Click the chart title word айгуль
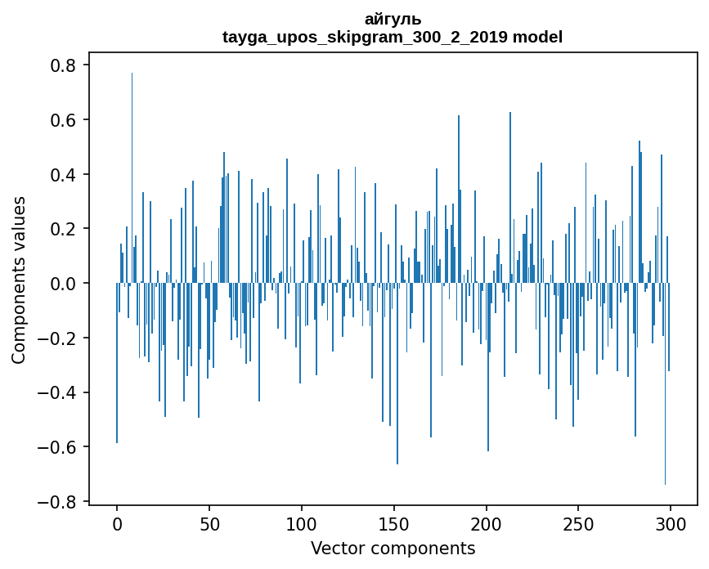tap(393, 19)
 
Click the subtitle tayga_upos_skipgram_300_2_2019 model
tap(393, 37)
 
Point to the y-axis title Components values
tap(19, 280)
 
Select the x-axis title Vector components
tap(393, 548)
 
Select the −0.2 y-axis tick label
tap(61, 338)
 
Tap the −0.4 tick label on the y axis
tap(61, 392)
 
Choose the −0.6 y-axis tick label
tap(61, 447)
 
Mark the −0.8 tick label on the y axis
tap(61, 502)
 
